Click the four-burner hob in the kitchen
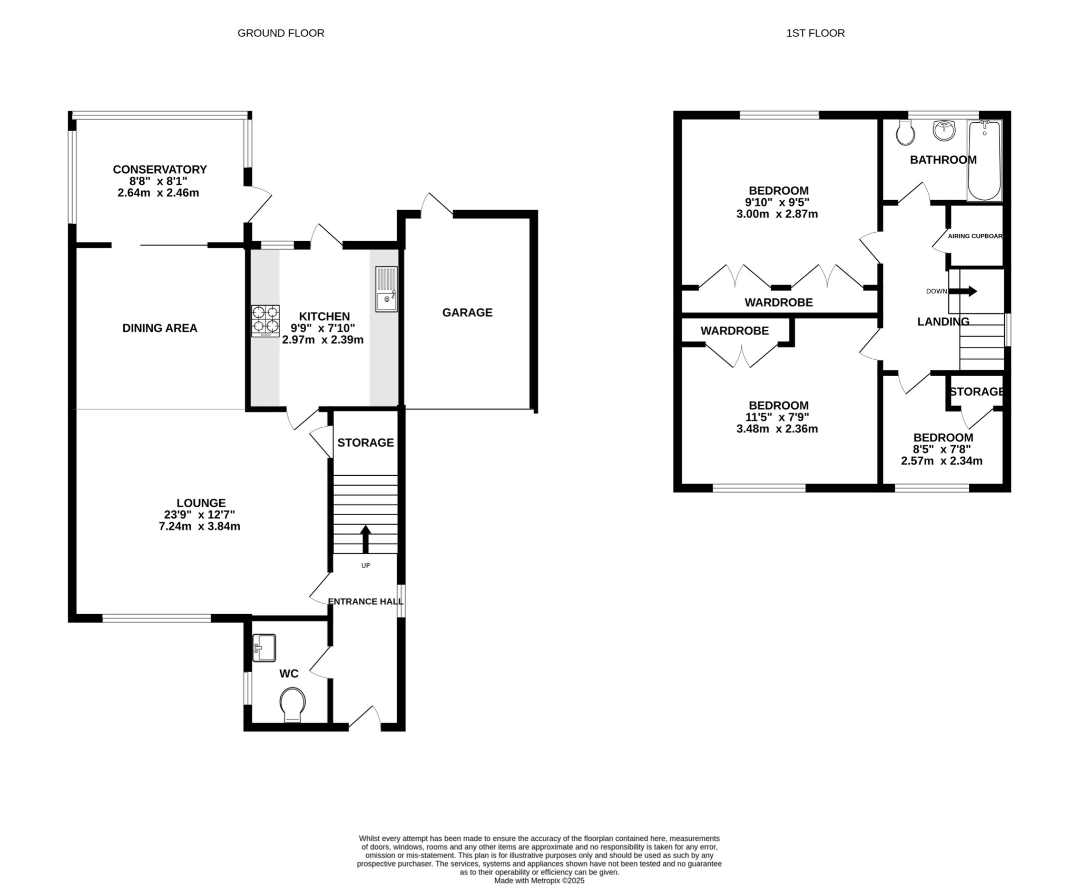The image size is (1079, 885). pyautogui.click(x=265, y=321)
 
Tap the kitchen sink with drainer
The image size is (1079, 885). pyautogui.click(x=386, y=289)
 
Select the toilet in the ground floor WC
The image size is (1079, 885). pyautogui.click(x=292, y=704)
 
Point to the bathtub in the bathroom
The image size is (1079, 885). pyautogui.click(x=984, y=160)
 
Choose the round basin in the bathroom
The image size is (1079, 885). pyautogui.click(x=944, y=130)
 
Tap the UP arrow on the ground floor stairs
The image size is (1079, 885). pyautogui.click(x=365, y=538)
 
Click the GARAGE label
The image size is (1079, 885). pyautogui.click(x=467, y=312)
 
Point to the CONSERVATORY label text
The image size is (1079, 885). pyautogui.click(x=160, y=170)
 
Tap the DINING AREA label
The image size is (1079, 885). pyautogui.click(x=160, y=328)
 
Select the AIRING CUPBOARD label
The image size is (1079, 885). pyautogui.click(x=975, y=236)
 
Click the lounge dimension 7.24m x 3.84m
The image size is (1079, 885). pyautogui.click(x=200, y=526)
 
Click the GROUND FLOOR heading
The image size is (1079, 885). pyautogui.click(x=281, y=33)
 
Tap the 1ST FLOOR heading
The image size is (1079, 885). pyautogui.click(x=815, y=33)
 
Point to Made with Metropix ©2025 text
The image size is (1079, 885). pyautogui.click(x=539, y=880)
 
